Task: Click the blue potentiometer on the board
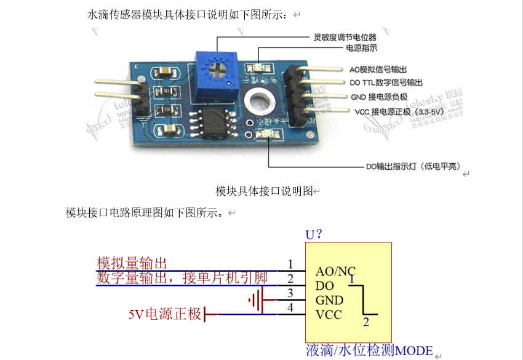[x=215, y=67]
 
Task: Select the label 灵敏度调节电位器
[x=345, y=37]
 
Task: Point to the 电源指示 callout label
[x=362, y=47]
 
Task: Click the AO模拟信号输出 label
[x=378, y=70]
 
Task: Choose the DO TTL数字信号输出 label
[x=386, y=82]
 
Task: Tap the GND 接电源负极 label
[x=379, y=97]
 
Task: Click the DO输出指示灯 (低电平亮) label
[x=413, y=166]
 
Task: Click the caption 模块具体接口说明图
[x=265, y=191]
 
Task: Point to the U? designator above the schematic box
[x=314, y=234]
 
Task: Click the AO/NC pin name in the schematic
[x=335, y=271]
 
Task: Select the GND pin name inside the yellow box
[x=329, y=300]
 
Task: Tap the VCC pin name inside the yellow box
[x=329, y=315]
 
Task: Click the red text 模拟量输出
[x=132, y=263]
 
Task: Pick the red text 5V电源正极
[x=165, y=314]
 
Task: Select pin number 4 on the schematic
[x=290, y=308]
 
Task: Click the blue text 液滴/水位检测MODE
[x=369, y=350]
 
